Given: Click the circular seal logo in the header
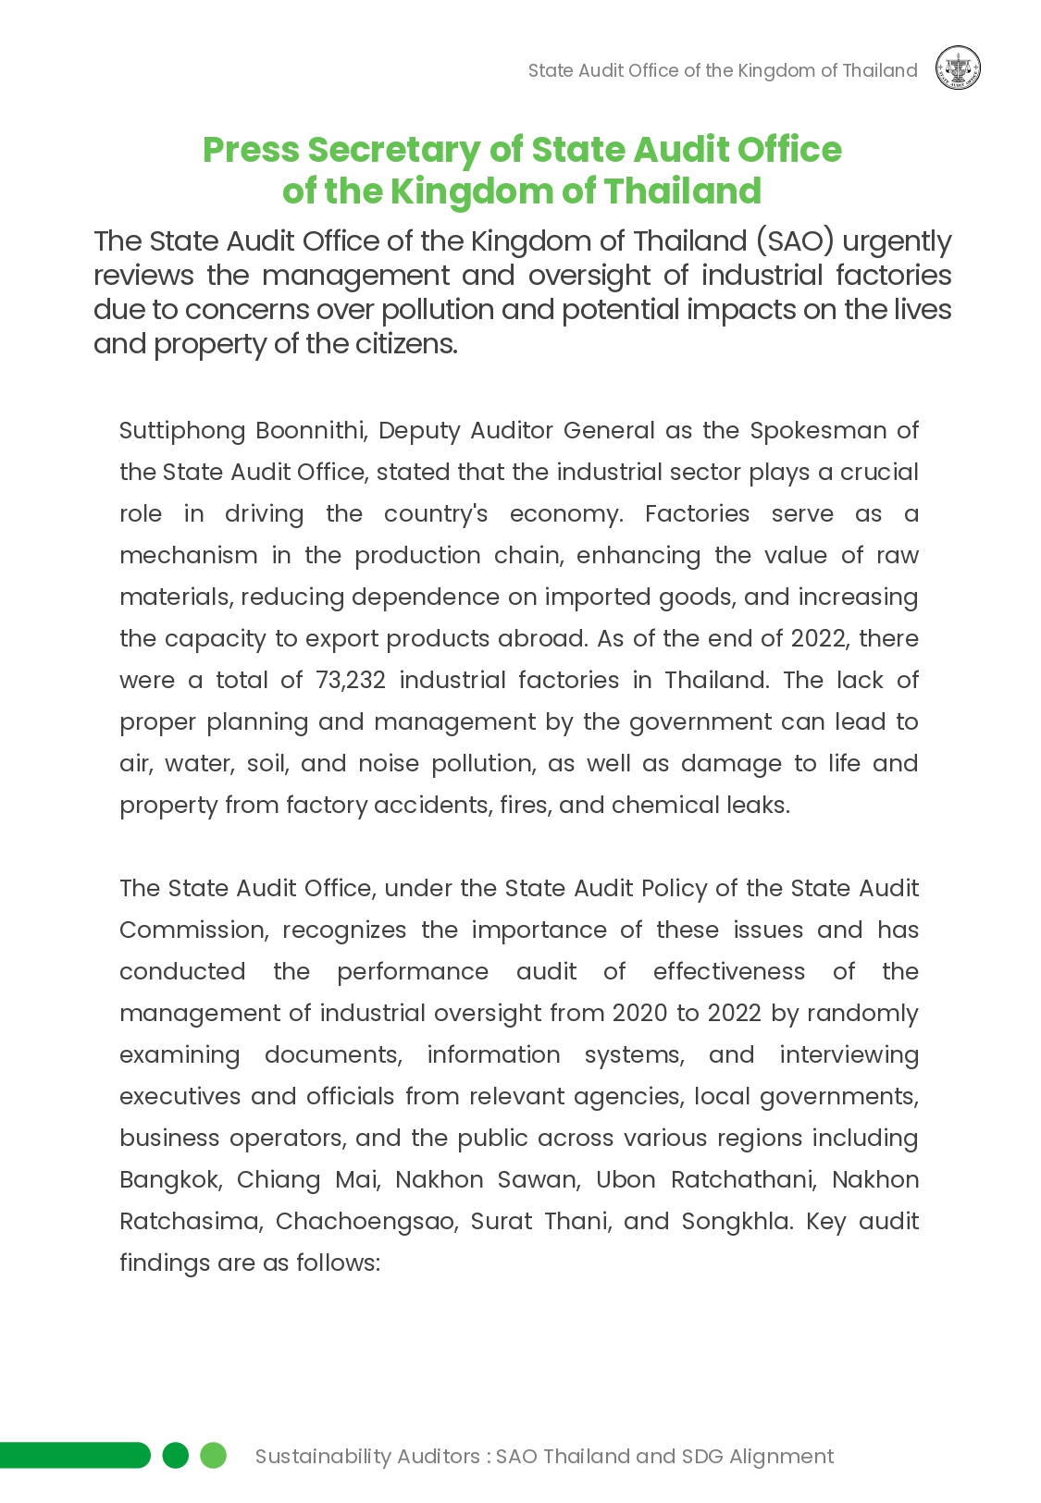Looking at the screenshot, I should tap(958, 68).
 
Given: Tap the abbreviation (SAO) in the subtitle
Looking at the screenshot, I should tap(795, 241).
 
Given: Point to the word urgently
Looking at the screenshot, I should tap(897, 241).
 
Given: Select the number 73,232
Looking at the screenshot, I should tap(350, 681).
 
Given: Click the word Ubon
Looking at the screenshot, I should tap(626, 1180).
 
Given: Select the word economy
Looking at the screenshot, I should tap(566, 514).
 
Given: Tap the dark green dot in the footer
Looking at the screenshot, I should tap(176, 1455).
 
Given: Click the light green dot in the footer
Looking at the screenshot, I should tap(214, 1455).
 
